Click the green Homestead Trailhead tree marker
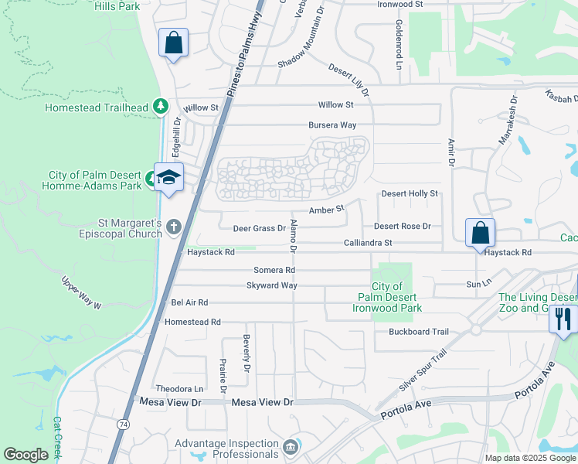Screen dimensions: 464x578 [x=161, y=106]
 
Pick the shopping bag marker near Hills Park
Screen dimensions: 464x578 [x=173, y=43]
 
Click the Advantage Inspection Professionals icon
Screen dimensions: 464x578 [x=290, y=447]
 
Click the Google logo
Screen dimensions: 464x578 [x=25, y=455]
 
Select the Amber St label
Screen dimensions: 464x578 [x=326, y=210]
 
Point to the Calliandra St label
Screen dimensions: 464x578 [x=368, y=243]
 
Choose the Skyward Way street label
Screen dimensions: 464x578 [x=271, y=285]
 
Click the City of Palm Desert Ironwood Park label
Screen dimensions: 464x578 [x=387, y=298]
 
